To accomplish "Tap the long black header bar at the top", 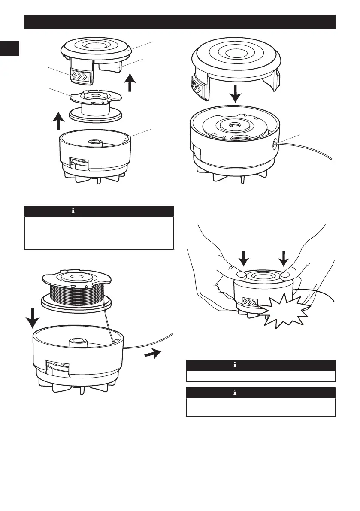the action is [x=179, y=21].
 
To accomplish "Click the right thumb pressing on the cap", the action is [x=286, y=275].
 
